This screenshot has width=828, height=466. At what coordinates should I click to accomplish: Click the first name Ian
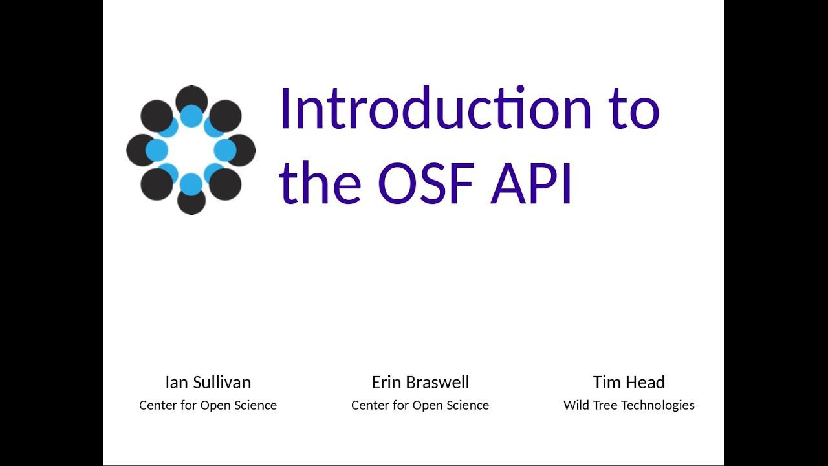pos(175,383)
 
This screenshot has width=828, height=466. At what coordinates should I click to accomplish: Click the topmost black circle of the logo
pos(191,98)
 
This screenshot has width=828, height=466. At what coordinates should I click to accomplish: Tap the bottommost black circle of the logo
pos(191,202)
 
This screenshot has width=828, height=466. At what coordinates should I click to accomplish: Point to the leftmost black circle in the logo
pos(139,150)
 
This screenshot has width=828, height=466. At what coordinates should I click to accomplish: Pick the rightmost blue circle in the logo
pos(225,150)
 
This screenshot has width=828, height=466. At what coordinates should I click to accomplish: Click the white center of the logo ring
pos(191,150)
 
